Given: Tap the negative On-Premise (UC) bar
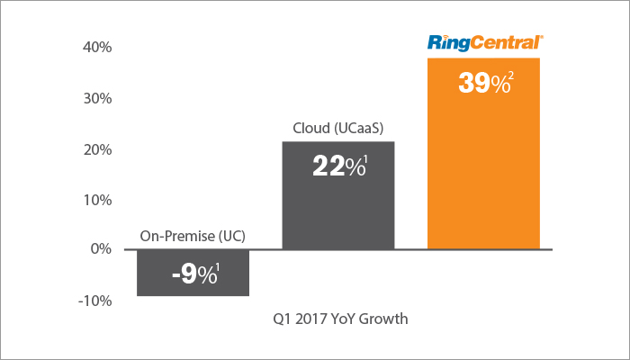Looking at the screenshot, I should pyautogui.click(x=193, y=273).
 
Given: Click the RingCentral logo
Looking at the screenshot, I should pyautogui.click(x=484, y=42).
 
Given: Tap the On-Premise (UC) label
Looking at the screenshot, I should pyautogui.click(x=193, y=238).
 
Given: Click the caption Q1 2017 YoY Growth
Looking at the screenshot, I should pyautogui.click(x=338, y=319).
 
